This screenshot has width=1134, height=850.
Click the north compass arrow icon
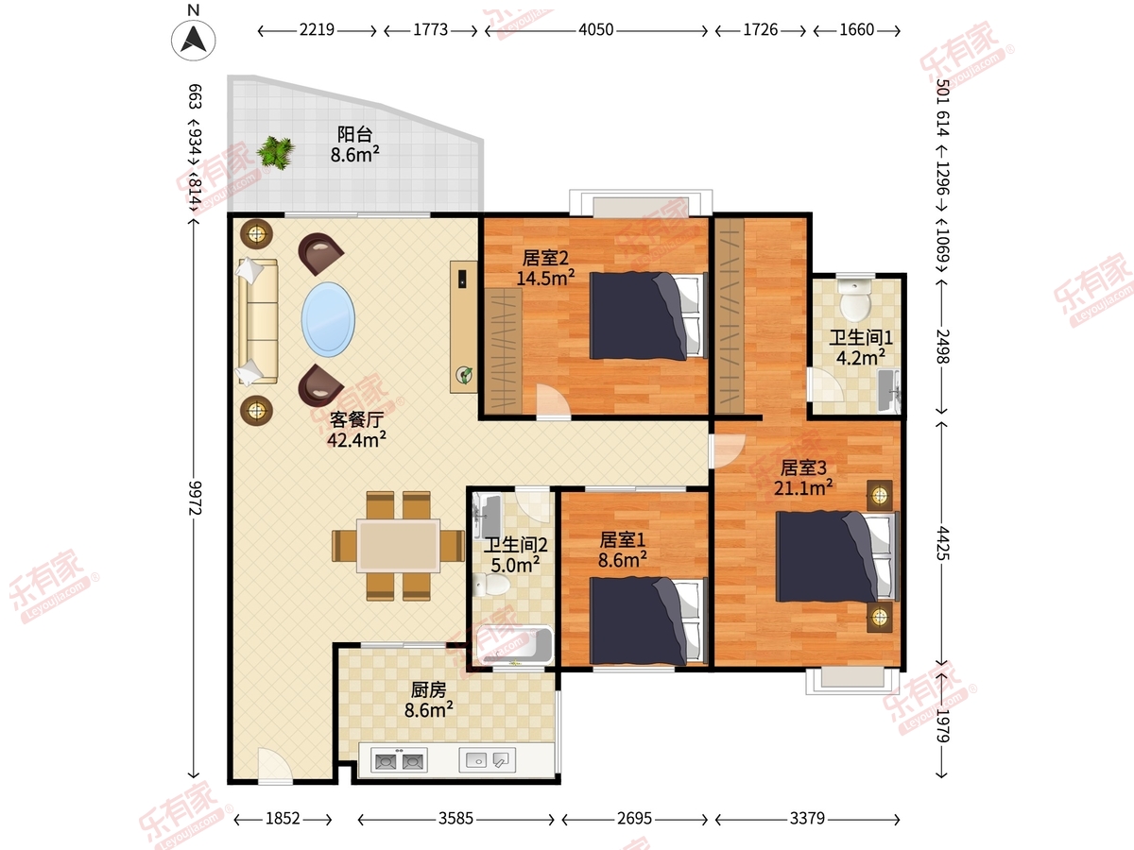(x=193, y=40)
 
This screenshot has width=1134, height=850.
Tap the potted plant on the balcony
(x=275, y=152)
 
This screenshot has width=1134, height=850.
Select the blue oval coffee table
(x=328, y=319)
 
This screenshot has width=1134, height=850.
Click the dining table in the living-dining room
(x=399, y=546)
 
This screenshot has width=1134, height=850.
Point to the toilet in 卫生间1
(x=855, y=299)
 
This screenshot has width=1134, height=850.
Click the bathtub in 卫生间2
(x=513, y=645)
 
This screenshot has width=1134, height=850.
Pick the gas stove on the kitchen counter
(x=400, y=760)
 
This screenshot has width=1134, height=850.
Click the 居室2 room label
(x=545, y=258)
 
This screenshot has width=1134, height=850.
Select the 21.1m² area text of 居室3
(x=803, y=487)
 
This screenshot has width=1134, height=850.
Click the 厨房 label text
(x=428, y=689)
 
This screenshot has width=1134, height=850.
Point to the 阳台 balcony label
(x=355, y=134)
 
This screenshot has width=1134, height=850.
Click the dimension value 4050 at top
(x=595, y=30)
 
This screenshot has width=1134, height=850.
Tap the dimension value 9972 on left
(x=195, y=498)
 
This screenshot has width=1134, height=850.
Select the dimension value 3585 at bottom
(x=455, y=819)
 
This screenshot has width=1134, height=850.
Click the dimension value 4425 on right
(x=943, y=543)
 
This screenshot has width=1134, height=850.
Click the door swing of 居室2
(x=554, y=399)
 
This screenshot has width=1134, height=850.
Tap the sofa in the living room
(x=258, y=321)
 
